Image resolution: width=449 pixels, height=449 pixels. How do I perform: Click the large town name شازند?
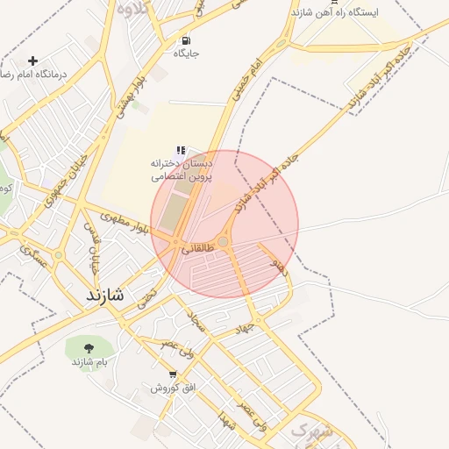(x=105, y=296)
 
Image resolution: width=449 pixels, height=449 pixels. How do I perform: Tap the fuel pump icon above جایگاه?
(x=186, y=40)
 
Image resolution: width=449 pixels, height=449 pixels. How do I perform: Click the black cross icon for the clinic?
(x=32, y=61)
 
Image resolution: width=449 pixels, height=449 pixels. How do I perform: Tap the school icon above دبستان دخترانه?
(x=181, y=151)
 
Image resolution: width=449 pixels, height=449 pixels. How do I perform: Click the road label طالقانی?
(x=198, y=249)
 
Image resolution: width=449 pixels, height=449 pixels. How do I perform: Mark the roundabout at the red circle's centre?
(x=224, y=242)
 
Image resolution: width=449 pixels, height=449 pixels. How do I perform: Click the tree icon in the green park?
(x=89, y=348)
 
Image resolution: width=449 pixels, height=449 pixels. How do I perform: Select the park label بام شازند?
(x=89, y=362)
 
